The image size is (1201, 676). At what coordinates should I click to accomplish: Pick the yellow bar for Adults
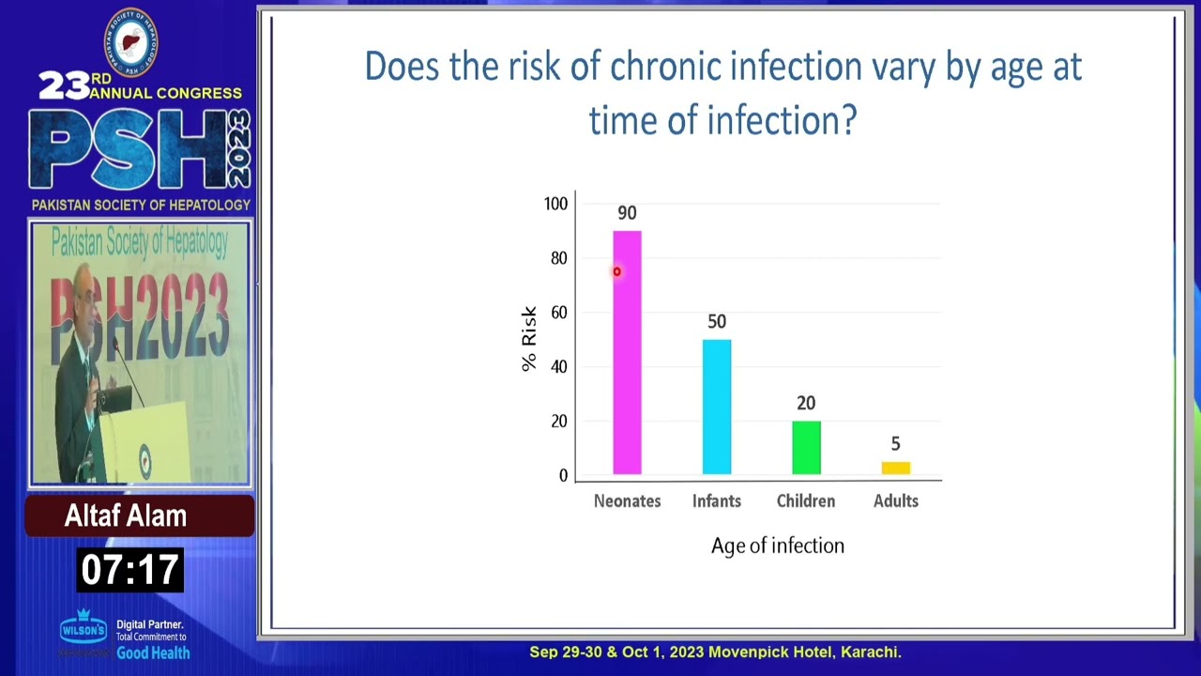895,468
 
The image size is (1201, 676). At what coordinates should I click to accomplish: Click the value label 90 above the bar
627,213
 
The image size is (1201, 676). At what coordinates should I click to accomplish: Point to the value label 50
717,322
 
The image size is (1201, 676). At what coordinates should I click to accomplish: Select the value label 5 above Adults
895,444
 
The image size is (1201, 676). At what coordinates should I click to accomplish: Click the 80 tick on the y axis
559,258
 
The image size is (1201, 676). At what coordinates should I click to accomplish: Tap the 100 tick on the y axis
555,204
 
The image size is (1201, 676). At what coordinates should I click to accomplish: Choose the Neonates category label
627,501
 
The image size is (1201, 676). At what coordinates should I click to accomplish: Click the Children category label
806,501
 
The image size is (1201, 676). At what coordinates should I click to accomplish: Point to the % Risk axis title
529,339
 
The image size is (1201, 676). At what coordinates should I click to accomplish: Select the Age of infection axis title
777,545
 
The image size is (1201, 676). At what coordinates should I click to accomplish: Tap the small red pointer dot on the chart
616,272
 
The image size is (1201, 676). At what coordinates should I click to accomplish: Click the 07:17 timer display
129,570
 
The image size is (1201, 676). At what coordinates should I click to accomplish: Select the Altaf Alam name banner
126,515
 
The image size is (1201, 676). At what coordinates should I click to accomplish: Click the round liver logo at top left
130,41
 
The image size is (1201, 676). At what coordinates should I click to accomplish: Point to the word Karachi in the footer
870,652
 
